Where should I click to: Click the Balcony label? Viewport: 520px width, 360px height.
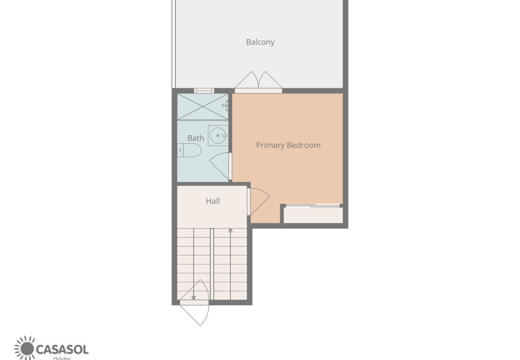click(260, 42)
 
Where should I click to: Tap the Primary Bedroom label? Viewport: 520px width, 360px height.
click(288, 145)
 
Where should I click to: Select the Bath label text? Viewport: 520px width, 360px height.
click(196, 138)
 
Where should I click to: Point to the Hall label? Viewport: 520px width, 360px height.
click(213, 201)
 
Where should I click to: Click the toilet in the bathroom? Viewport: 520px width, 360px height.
click(190, 150)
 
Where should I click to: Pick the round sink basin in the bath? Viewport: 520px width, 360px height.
click(218, 135)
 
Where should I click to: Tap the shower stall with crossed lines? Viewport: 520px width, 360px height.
click(202, 106)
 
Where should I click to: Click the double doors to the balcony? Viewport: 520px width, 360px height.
click(258, 82)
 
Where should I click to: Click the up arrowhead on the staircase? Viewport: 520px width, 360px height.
click(230, 230)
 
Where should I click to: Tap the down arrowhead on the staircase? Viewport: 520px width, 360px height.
click(194, 298)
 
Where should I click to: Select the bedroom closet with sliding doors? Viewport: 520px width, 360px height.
click(313, 214)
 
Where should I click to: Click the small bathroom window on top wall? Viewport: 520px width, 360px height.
click(204, 91)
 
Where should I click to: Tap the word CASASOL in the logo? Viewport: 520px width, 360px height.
click(62, 349)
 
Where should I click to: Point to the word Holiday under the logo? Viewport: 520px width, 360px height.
click(62, 358)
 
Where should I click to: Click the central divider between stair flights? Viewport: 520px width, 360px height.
click(212, 264)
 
